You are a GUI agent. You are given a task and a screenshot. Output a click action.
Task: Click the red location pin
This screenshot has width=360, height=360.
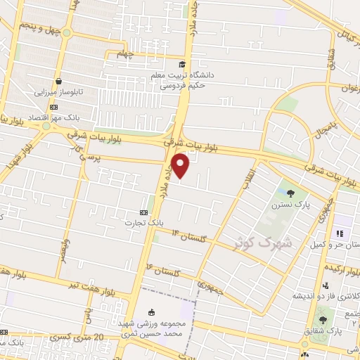coord(181,166)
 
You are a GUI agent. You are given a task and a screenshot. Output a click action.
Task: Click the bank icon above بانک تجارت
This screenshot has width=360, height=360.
coord(143,212)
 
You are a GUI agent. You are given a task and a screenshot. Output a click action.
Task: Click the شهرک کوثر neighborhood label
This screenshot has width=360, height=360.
coord(261,244)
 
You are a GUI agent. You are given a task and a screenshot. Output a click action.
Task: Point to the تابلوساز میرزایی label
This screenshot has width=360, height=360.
coord(60,91)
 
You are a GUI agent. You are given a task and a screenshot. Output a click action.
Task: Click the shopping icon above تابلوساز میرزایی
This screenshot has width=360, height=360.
coord(59,80)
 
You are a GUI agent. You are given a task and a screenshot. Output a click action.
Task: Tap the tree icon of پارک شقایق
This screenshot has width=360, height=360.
coord(323,320)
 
